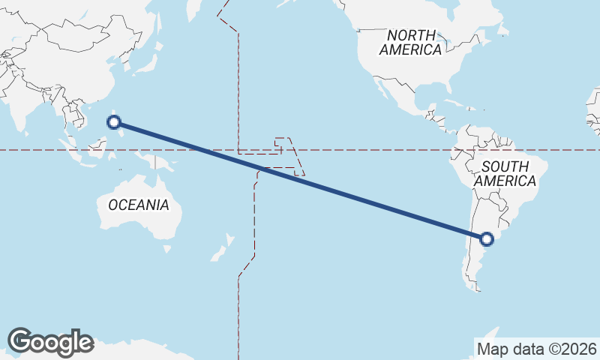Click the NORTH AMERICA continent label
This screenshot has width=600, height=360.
pos(410,43)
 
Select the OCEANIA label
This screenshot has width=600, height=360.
pos(139,205)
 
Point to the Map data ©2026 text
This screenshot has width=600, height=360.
pos(536,349)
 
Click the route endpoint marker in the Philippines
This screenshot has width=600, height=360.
pos(114,121)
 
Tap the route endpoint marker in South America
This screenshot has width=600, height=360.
pos(487,239)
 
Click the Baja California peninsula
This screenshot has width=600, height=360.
pos(385,88)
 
